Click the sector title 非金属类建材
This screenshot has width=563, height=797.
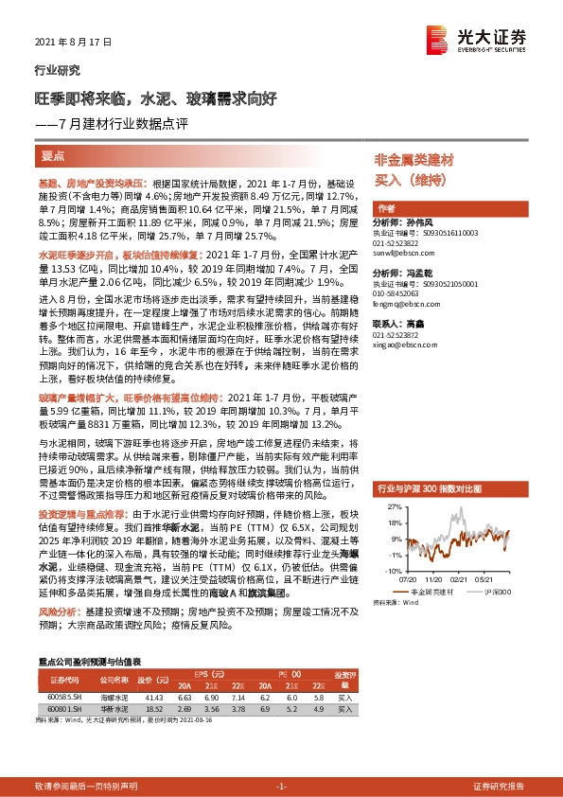(x=414, y=160)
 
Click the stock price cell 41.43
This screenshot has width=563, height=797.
(x=151, y=696)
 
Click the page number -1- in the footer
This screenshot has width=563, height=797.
(x=281, y=760)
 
